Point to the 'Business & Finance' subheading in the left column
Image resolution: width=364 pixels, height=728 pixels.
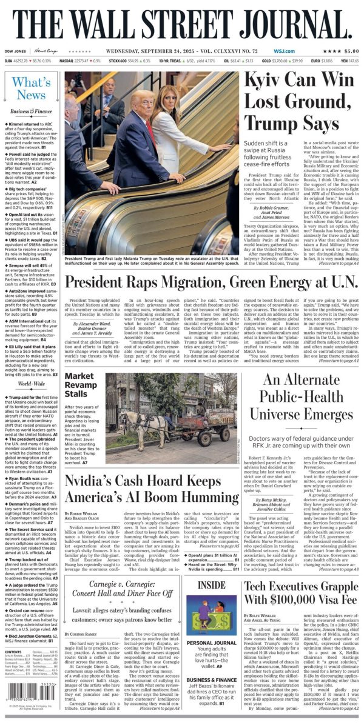point(31,112)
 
